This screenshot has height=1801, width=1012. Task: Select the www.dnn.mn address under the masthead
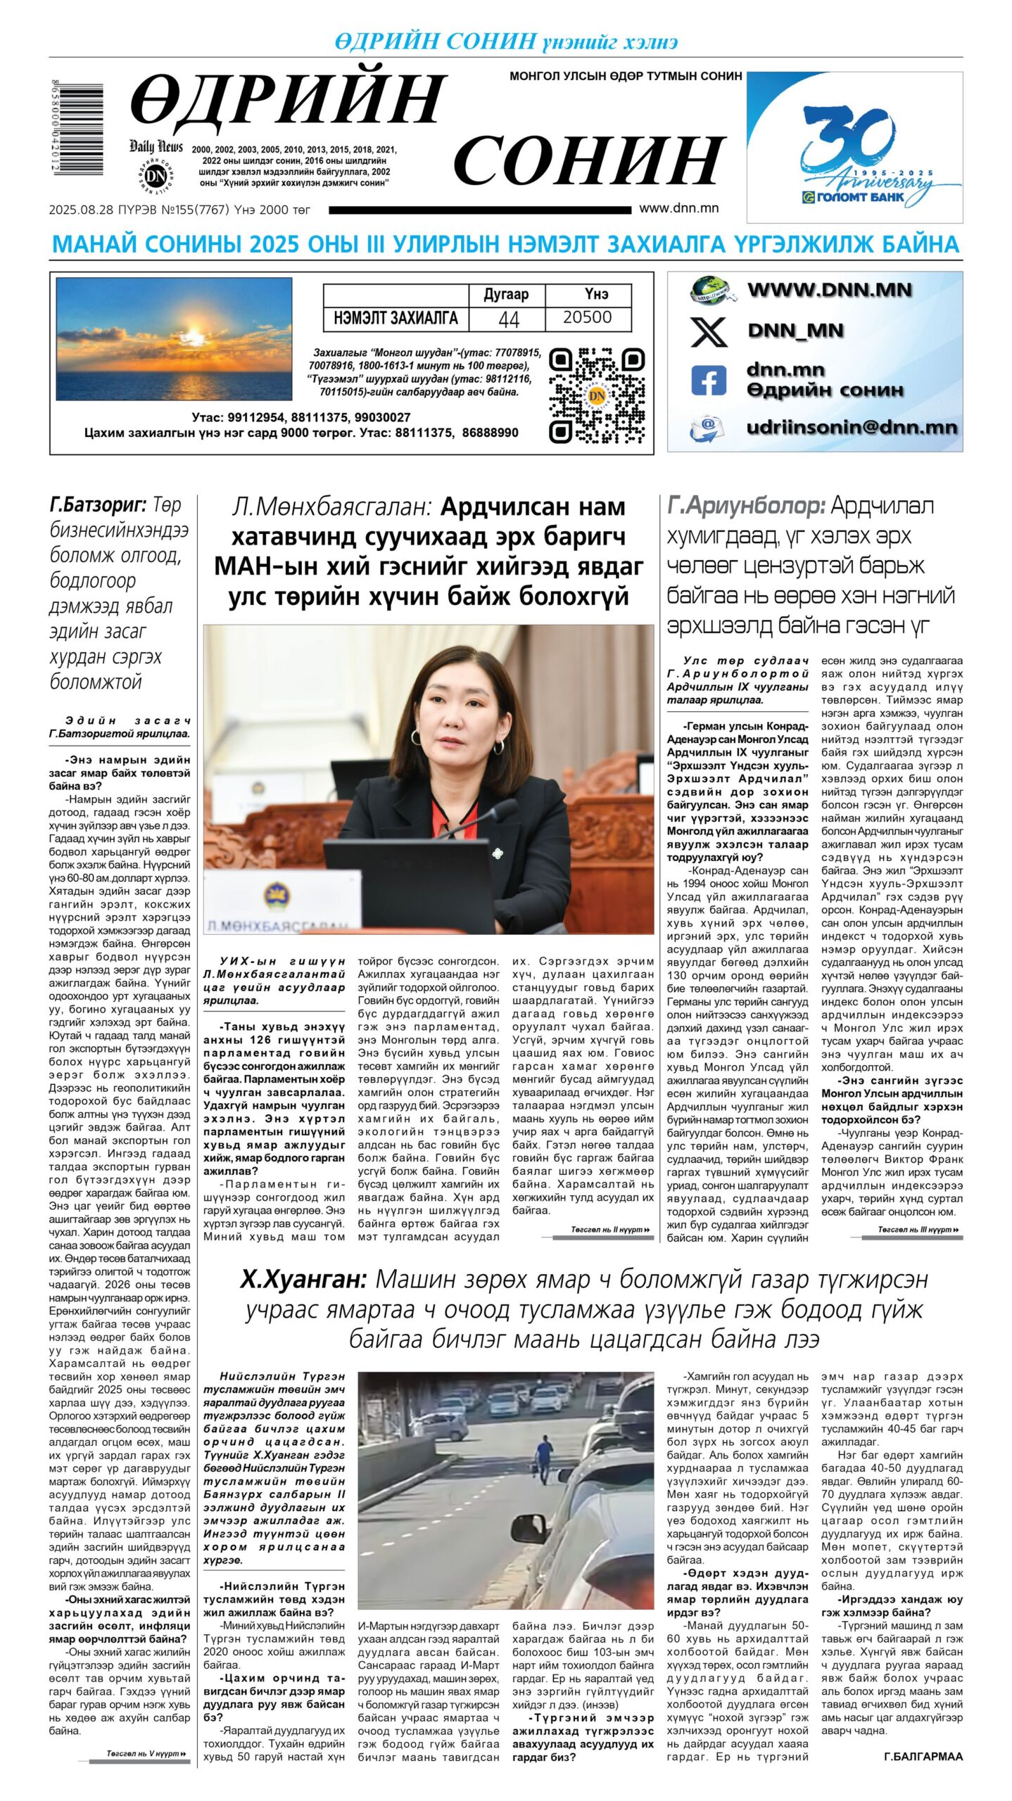coord(678,208)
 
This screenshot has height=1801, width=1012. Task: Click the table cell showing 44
coord(508,319)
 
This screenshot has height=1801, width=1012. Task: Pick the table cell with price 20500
coord(587,317)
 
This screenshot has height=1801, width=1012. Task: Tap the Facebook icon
coord(708,380)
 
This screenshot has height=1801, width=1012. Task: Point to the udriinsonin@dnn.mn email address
coord(851,427)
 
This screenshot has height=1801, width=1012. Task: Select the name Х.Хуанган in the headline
coord(303,1278)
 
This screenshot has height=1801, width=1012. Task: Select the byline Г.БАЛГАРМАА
coord(923,1757)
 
